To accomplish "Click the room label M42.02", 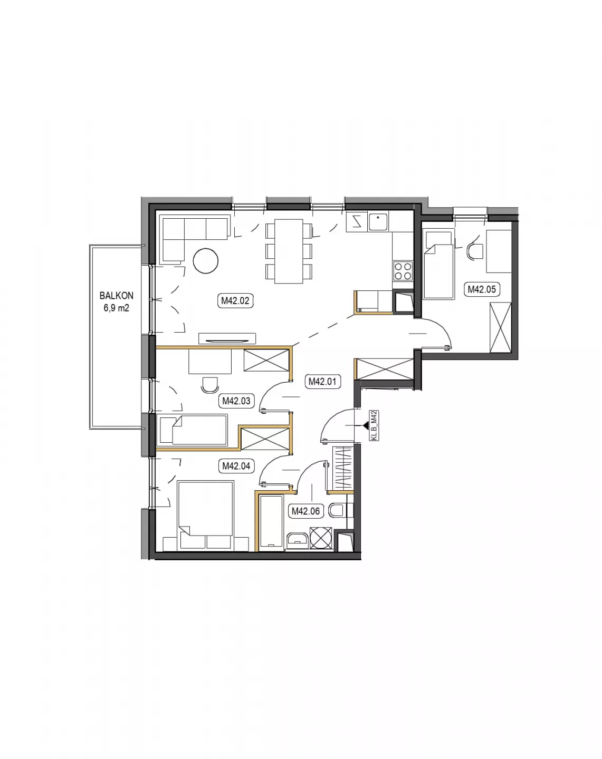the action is click(235, 301).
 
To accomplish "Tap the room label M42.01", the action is click(322, 381).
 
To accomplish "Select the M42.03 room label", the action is click(236, 401).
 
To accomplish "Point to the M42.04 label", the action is click(236, 466).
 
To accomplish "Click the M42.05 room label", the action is click(482, 289).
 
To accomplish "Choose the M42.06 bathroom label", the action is click(306, 511).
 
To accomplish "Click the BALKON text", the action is click(116, 296).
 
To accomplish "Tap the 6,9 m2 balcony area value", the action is click(116, 308).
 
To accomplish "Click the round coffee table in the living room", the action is click(205, 260).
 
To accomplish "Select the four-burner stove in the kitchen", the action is click(403, 271).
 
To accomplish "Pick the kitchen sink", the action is click(378, 222).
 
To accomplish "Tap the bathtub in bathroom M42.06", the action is click(271, 522).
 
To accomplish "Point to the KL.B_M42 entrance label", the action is click(374, 426).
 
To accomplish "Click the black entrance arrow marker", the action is click(362, 426).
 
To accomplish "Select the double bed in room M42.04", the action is click(206, 515).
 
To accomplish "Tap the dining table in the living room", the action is click(289, 251).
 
